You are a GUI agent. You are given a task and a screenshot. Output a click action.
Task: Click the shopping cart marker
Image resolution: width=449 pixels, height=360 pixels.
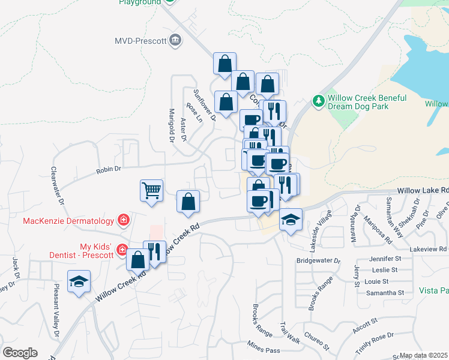(x=152, y=191)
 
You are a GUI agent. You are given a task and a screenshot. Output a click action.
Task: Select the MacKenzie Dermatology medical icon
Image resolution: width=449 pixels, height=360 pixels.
(x=124, y=220)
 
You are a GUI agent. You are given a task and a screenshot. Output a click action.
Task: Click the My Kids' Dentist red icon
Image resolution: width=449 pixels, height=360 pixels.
(x=122, y=249)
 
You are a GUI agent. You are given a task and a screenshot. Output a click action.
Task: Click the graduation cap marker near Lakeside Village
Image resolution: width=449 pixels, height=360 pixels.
(x=291, y=220)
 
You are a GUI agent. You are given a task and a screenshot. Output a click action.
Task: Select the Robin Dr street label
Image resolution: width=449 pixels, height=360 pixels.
(x=109, y=171)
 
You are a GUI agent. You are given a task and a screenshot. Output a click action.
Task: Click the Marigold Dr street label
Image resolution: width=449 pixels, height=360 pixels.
(x=171, y=125)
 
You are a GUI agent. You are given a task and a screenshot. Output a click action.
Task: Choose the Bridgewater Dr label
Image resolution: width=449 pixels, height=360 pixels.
(x=319, y=261)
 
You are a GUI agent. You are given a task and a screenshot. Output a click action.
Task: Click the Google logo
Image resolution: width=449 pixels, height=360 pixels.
(x=20, y=353)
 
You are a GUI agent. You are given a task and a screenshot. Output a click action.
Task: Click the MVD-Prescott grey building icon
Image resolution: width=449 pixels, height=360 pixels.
(x=175, y=41)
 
